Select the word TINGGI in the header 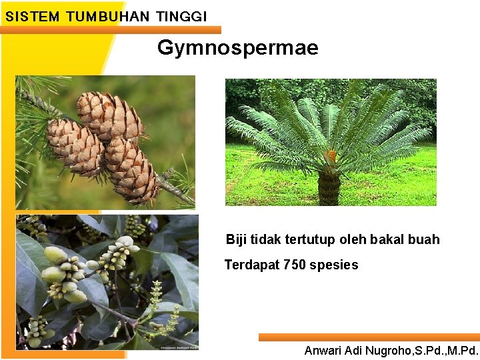[x=181, y=16]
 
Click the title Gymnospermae [x=238, y=48]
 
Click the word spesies [x=333, y=265]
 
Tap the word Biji [x=237, y=239]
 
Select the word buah [x=425, y=239]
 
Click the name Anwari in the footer [x=323, y=350]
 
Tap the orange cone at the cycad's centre [x=330, y=156]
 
